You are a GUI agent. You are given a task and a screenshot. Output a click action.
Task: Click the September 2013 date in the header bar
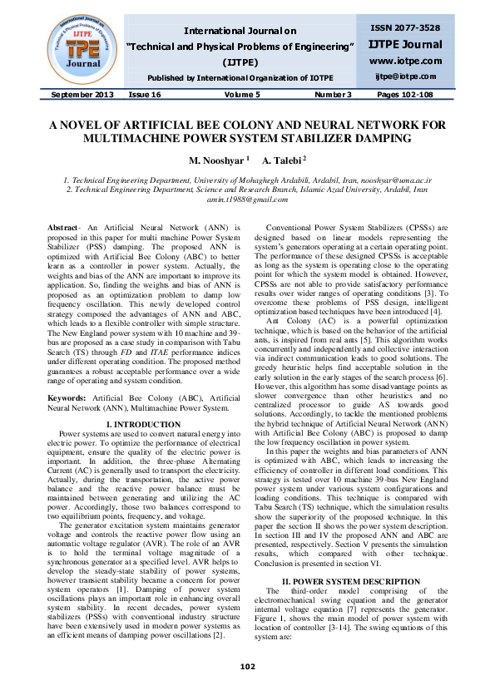(82, 95)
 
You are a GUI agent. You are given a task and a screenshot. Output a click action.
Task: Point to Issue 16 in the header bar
(145, 95)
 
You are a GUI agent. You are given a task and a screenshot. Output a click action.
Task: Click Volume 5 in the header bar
(241, 95)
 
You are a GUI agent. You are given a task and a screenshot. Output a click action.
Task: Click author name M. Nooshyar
(217, 159)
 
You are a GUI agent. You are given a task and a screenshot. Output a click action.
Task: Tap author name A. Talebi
(283, 159)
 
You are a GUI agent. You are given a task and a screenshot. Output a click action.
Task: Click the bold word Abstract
(63, 227)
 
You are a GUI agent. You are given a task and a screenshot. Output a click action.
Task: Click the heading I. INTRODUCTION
(132, 425)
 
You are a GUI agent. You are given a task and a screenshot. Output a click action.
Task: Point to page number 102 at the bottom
(247, 667)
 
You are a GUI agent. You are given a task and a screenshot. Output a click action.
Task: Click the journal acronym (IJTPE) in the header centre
(240, 62)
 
